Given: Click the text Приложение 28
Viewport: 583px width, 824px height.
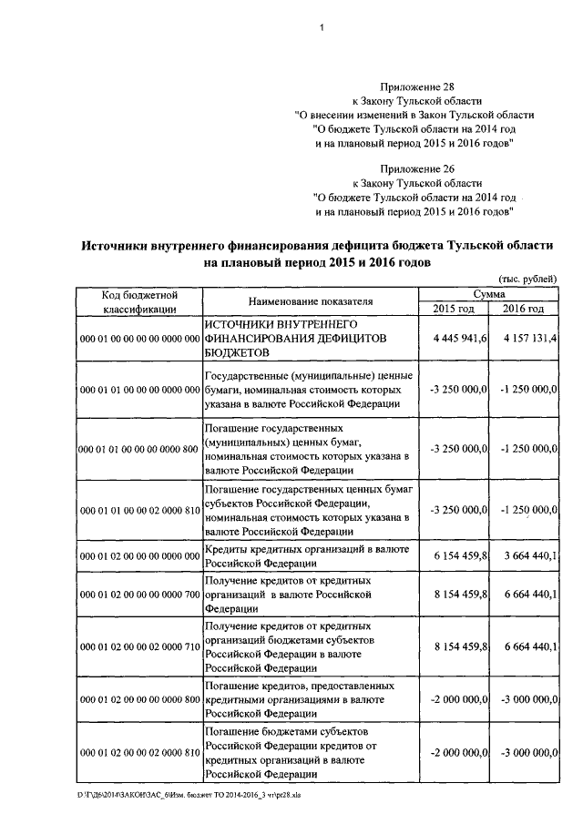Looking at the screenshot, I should point(413,84).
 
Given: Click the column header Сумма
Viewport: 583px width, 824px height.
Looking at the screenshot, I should point(488,294).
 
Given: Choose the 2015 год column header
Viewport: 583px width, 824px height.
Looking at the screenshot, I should point(453,309).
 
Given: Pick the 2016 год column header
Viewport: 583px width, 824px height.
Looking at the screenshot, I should point(524,309).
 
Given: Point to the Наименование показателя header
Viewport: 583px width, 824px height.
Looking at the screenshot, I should point(310,301).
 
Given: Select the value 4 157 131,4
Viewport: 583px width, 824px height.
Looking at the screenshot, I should point(530,338).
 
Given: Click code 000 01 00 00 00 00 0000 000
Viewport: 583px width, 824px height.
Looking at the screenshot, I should point(139,339).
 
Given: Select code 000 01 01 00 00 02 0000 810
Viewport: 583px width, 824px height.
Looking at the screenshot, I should point(139,512).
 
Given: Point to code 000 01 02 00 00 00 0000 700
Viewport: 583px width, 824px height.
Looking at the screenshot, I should point(139,595).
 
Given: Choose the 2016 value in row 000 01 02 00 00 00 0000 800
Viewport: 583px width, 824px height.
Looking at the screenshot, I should point(530,699).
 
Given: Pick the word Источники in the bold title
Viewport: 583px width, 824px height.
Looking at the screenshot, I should point(117,245).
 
